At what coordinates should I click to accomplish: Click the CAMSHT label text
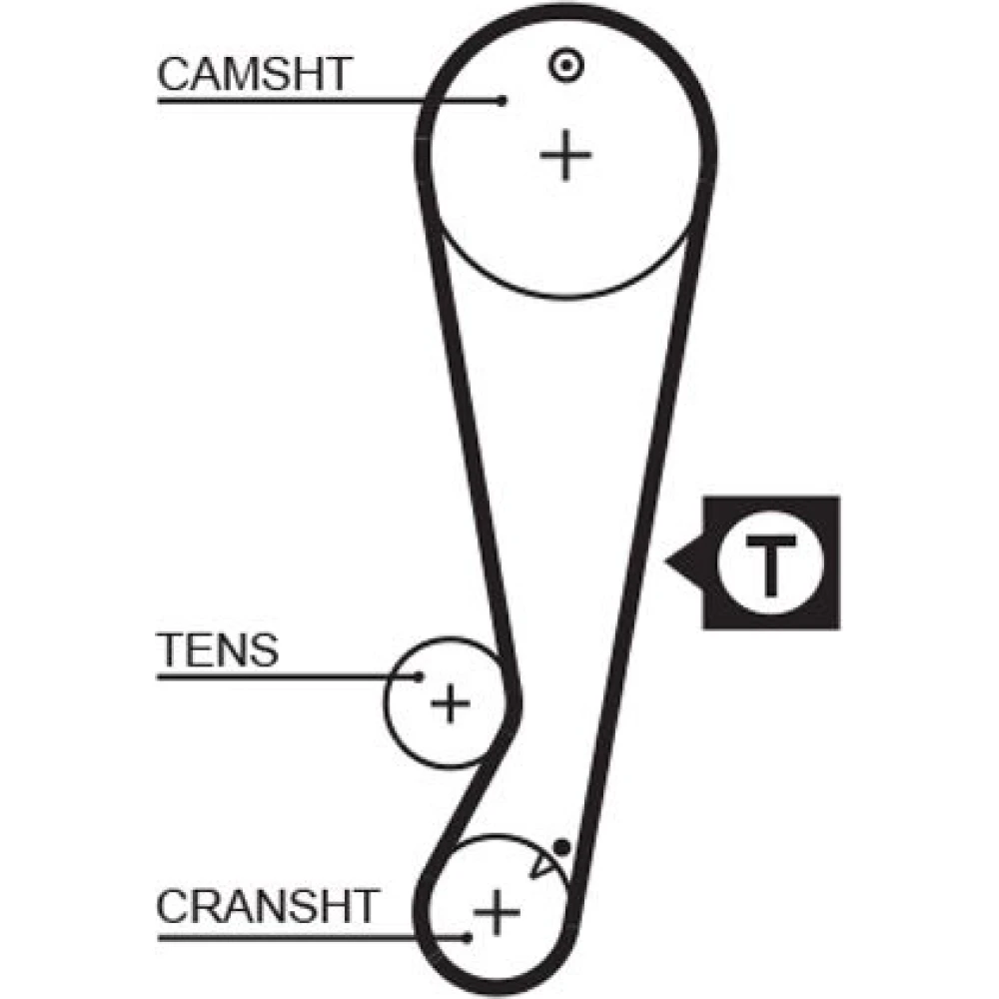point(254,75)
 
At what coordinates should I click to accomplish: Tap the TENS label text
point(218,651)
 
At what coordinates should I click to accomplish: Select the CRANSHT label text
point(268,907)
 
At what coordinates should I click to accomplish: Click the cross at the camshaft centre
point(566,156)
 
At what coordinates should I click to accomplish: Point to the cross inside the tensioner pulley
point(451,705)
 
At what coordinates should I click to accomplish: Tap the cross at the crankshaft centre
point(497,911)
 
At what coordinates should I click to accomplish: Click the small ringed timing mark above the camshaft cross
point(566,66)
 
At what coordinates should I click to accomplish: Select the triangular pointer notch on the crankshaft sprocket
point(544,862)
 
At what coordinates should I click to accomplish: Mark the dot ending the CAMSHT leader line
point(503,100)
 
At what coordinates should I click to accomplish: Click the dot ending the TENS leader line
point(420,677)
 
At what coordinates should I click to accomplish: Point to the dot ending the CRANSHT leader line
point(468,937)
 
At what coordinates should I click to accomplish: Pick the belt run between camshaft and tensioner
point(470,450)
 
